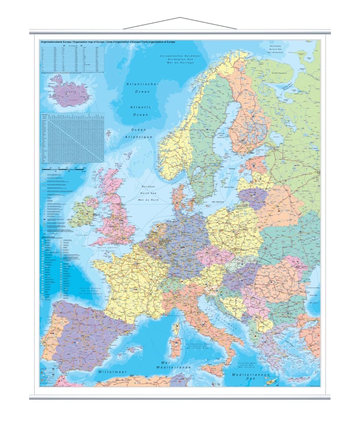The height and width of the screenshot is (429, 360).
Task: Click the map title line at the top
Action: pyautogui.click(x=107, y=42)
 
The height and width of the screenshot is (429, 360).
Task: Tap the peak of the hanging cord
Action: pyautogui.click(x=180, y=18)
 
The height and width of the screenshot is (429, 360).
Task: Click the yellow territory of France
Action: pyautogui.click(x=129, y=284)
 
